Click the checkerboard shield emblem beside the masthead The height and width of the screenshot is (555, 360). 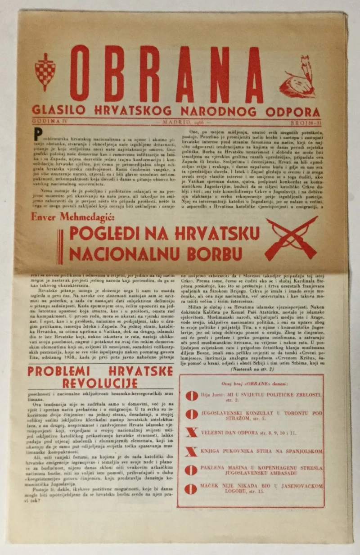45,71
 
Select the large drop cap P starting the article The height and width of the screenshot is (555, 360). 38,134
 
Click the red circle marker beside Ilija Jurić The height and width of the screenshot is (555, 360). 192,396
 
